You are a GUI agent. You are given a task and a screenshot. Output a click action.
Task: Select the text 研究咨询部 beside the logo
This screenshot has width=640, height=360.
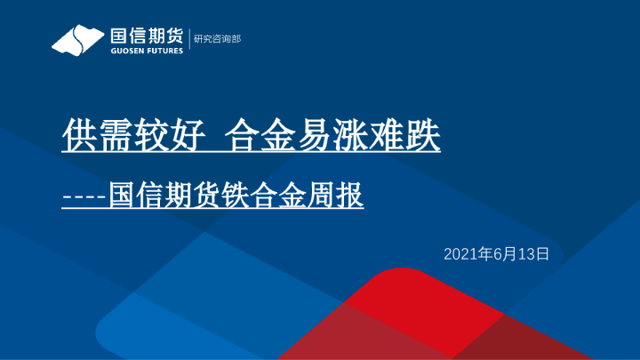tap(217, 39)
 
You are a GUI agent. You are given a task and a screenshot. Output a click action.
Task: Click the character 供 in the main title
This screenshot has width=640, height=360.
tap(78, 135)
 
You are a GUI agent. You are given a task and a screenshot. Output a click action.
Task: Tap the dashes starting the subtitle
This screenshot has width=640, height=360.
tap(84, 196)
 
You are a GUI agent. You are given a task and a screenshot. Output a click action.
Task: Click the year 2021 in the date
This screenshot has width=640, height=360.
tap(460, 254)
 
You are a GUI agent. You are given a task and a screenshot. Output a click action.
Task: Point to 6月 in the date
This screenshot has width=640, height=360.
tap(501, 254)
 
